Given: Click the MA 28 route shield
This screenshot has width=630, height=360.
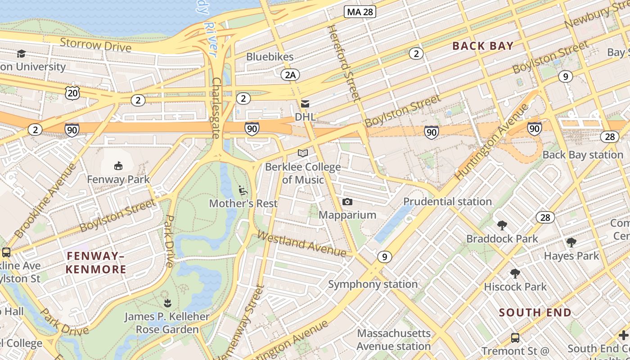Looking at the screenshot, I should (x=360, y=12).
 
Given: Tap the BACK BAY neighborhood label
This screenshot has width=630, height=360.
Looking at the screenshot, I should (x=483, y=46).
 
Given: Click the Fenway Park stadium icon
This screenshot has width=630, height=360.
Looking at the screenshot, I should (x=118, y=166).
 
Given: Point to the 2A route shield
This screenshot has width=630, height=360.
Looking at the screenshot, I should (x=290, y=75).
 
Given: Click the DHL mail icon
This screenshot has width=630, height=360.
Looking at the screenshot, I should (x=305, y=104).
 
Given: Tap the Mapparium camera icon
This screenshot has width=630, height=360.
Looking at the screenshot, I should (x=347, y=202).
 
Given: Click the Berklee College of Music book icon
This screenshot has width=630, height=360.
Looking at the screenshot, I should (x=303, y=153).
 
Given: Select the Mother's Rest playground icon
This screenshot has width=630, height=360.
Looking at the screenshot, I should (x=243, y=190).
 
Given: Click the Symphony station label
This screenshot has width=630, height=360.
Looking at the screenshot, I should (x=373, y=284).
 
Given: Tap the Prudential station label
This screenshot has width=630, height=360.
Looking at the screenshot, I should (x=447, y=201).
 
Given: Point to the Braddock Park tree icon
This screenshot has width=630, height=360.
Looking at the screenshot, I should (x=502, y=225).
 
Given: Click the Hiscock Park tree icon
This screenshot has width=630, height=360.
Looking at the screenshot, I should (x=515, y=274).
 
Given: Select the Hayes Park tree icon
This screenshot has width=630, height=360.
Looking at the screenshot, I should (x=571, y=243).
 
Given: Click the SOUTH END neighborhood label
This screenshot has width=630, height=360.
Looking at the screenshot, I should (x=535, y=312).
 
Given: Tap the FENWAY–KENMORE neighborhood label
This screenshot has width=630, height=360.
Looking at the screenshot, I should (x=96, y=263).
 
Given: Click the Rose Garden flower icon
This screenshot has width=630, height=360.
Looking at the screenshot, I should (x=167, y=303).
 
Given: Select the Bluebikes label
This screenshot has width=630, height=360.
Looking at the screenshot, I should (x=270, y=57).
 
